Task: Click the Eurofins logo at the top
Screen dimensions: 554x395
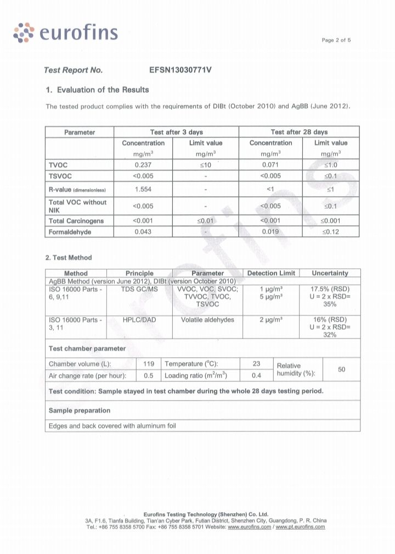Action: tap(65, 32)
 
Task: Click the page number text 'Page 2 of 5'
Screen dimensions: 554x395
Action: tap(336, 40)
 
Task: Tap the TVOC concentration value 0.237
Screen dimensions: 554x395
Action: tap(143, 164)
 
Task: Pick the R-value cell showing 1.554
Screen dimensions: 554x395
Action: tap(143, 189)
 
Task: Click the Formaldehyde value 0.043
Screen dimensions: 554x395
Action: tap(143, 232)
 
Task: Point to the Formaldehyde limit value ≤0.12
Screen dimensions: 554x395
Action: tap(330, 232)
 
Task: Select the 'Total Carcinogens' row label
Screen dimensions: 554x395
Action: tap(76, 220)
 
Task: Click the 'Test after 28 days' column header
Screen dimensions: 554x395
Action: tap(299, 132)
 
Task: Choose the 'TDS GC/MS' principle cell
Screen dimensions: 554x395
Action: tap(139, 289)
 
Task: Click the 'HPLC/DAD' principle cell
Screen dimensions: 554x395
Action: tap(139, 320)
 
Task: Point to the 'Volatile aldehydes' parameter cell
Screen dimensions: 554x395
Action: tap(207, 320)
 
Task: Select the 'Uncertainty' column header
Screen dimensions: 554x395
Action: tap(330, 273)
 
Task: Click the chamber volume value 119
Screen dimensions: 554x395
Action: tap(148, 364)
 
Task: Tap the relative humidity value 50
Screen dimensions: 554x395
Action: tap(341, 369)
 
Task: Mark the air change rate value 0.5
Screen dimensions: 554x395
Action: tap(148, 376)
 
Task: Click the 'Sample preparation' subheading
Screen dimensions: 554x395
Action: tap(80, 411)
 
